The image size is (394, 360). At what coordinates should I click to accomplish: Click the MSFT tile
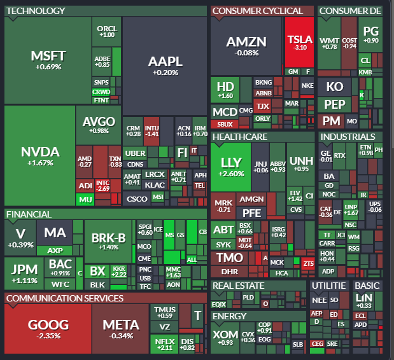pyautogui.click(x=48, y=60)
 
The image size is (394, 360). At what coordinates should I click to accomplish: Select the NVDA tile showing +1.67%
pyautogui.click(x=39, y=155)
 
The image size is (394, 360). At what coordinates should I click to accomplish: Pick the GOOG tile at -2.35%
pyautogui.click(x=48, y=328)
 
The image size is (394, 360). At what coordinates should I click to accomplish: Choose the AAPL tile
pyautogui.click(x=165, y=65)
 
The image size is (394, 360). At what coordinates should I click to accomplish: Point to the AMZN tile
pyautogui.click(x=246, y=45)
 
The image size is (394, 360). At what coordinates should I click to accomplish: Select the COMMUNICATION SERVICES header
pyautogui.click(x=64, y=298)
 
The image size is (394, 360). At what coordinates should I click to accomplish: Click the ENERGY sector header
pyautogui.click(x=229, y=316)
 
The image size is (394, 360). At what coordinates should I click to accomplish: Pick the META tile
pyautogui.click(x=120, y=328)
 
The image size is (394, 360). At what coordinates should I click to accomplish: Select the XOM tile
pyautogui.click(x=224, y=336)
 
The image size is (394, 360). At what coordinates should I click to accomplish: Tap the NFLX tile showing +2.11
pyautogui.click(x=164, y=344)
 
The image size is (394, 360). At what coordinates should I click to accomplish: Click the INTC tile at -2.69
pyautogui.click(x=102, y=186)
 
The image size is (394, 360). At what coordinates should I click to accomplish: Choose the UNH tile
pyautogui.click(x=301, y=163)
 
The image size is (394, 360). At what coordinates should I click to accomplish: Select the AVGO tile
pyautogui.click(x=99, y=124)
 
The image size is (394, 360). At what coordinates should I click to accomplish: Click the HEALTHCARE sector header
pyautogui.click(x=239, y=137)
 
